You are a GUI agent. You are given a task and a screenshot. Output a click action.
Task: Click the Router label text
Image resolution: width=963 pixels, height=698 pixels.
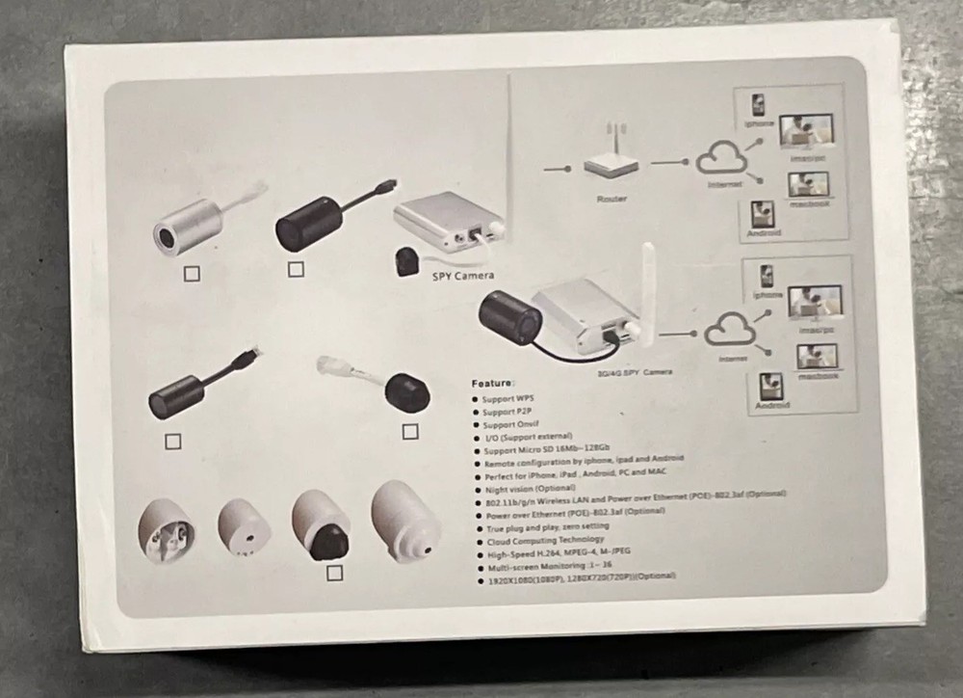(x=611, y=199)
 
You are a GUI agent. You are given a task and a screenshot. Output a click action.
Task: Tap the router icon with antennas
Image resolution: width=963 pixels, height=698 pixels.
(x=611, y=160)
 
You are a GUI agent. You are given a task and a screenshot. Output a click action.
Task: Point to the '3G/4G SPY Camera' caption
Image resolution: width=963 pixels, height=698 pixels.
(x=634, y=371)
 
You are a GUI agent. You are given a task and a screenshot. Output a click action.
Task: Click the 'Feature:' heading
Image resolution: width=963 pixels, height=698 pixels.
(x=493, y=383)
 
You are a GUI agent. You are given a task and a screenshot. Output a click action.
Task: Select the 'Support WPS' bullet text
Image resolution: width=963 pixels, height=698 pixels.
(x=508, y=398)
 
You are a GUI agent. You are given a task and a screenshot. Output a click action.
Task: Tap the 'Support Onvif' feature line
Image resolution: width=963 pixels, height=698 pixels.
(x=510, y=424)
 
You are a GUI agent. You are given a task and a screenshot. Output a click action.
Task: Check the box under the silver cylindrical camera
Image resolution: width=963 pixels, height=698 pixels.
(x=192, y=275)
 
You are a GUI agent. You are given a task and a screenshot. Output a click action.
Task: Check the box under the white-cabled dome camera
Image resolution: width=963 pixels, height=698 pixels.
(x=410, y=430)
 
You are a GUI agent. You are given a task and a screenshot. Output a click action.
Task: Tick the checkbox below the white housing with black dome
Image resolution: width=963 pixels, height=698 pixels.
(x=334, y=573)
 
